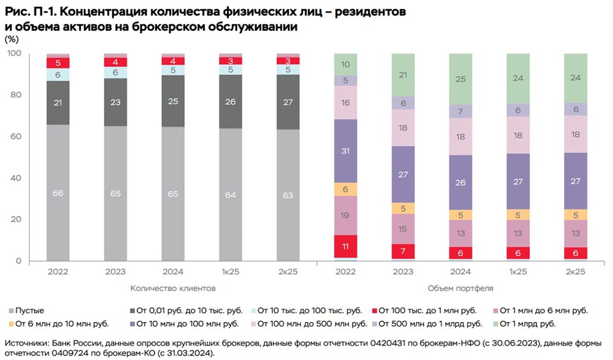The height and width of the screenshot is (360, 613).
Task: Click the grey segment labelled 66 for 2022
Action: click(58, 193)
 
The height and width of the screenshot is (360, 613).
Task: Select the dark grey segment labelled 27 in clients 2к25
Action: click(288, 102)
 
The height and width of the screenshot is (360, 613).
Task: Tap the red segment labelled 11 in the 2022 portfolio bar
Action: click(346, 247)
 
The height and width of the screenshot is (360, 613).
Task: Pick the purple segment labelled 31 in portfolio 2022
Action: click(346, 151)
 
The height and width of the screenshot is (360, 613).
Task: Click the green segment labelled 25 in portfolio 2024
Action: click(461, 79)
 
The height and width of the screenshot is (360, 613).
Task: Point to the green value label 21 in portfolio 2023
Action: click(403, 75)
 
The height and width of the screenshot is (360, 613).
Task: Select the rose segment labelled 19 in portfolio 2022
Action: click(346, 215)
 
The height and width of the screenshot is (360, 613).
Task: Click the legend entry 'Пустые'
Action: click(30, 310)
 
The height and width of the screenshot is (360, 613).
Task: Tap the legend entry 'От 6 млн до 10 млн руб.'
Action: click(56, 323)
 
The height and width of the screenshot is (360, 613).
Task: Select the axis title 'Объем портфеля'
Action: click(462, 288)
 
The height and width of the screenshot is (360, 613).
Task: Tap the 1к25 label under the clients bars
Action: click(230, 272)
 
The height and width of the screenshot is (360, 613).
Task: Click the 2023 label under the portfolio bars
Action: click(403, 272)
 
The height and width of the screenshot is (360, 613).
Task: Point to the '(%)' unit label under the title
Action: click(12, 39)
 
